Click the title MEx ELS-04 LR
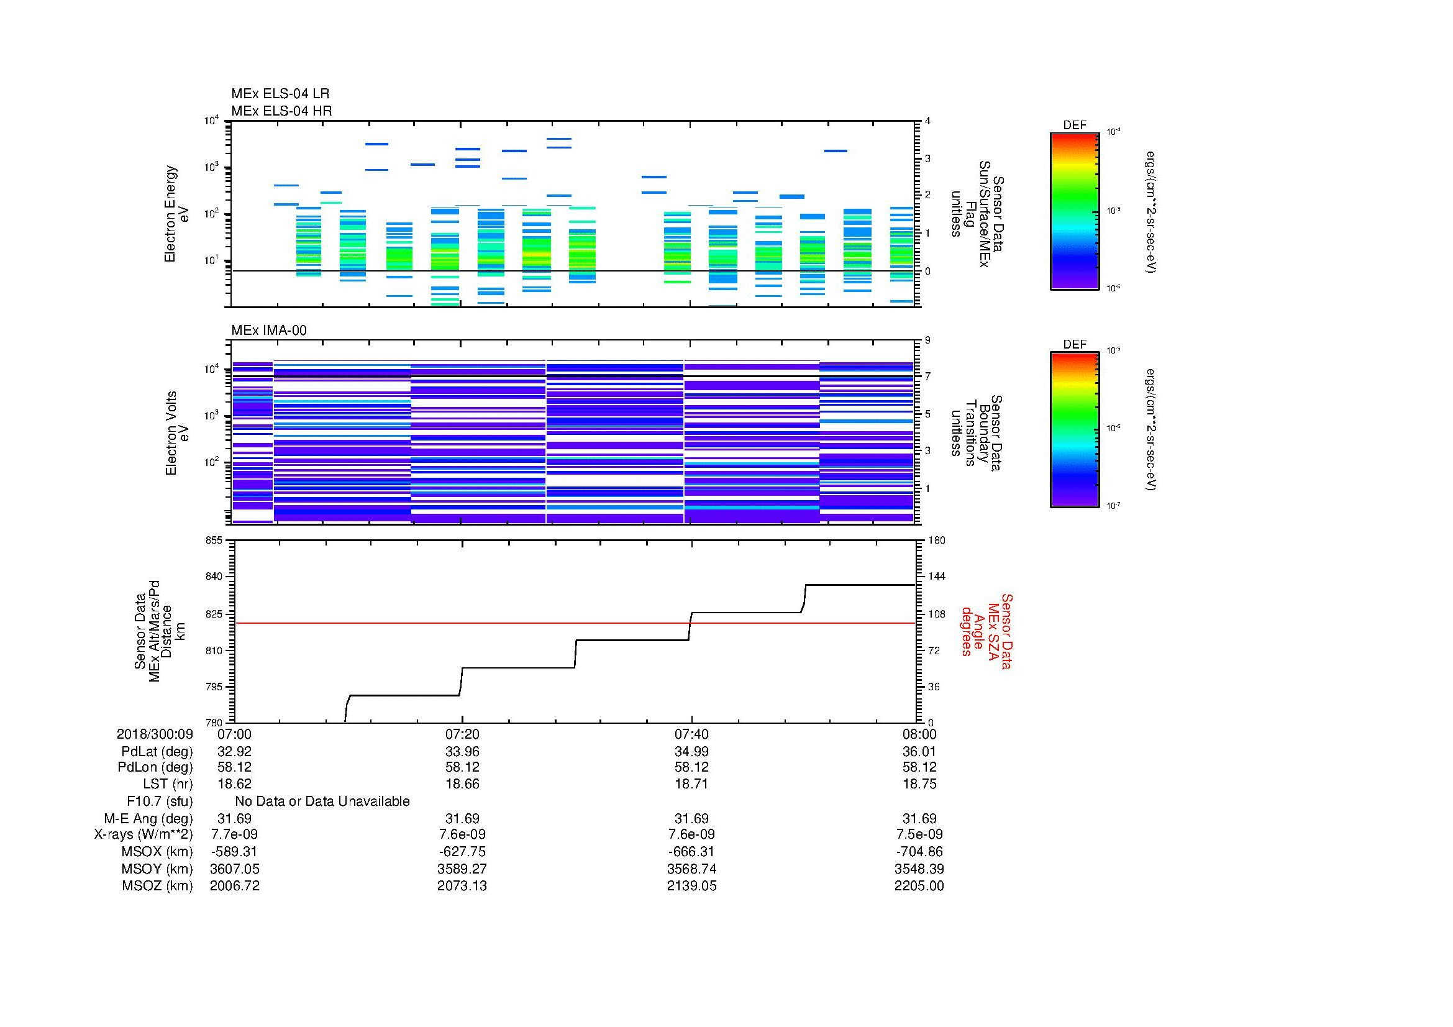click(x=280, y=94)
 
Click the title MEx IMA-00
click(x=268, y=331)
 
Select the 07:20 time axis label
click(x=462, y=734)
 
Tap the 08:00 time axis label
click(x=919, y=734)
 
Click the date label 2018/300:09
click(x=155, y=734)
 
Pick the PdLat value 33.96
click(x=462, y=752)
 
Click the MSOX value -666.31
click(x=691, y=852)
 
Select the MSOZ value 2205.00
click(x=919, y=886)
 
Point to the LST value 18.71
click(x=691, y=784)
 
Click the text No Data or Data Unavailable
click(x=322, y=801)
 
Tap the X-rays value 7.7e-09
click(x=234, y=834)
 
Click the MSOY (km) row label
click(x=157, y=869)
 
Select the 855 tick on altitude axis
click(x=214, y=541)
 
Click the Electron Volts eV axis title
click(x=178, y=433)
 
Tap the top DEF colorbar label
click(x=1075, y=126)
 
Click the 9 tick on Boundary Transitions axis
click(x=927, y=340)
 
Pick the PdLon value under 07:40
click(x=691, y=767)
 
